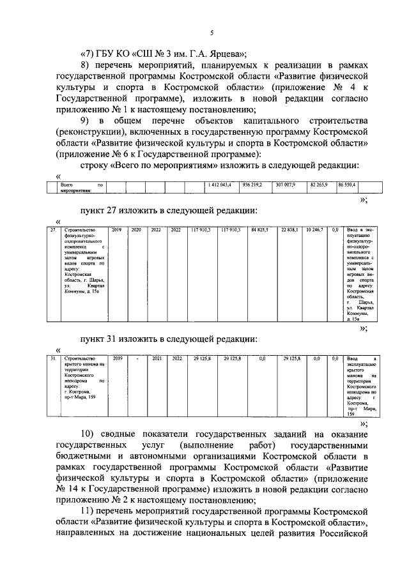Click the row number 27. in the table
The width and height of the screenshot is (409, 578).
click(53, 229)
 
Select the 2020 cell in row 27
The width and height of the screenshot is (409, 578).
click(136, 229)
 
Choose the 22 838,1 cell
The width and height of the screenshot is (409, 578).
click(293, 229)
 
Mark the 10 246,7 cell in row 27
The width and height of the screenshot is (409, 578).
click(316, 229)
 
